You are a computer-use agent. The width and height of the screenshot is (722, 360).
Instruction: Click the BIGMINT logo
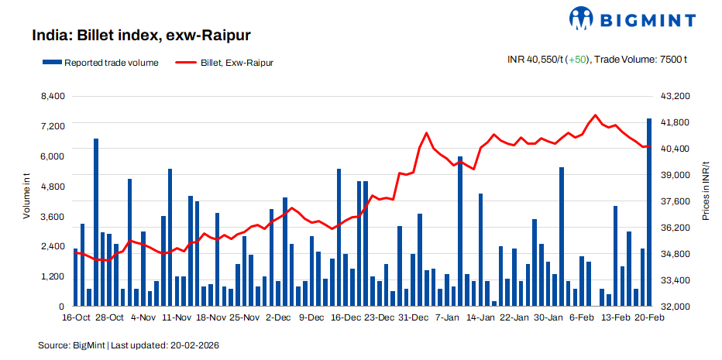635,19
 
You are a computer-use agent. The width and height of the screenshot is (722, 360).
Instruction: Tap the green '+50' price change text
576,59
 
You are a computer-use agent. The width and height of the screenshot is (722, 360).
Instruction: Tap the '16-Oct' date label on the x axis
77,317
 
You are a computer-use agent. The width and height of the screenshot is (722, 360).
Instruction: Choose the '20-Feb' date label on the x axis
649,317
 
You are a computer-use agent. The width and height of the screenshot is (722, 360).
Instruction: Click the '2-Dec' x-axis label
278,317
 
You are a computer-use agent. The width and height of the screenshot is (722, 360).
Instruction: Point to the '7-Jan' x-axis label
448,317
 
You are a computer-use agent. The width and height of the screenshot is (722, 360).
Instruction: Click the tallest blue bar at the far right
649,213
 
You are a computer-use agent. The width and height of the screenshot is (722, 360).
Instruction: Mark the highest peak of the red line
595,115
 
